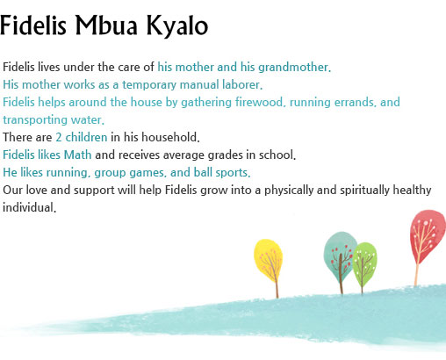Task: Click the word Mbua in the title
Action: click(x=106, y=25)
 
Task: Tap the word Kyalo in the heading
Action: click(x=177, y=26)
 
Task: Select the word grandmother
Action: click(x=294, y=68)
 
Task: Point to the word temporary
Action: click(x=149, y=85)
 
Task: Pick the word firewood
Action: click(x=260, y=102)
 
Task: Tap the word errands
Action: click(x=356, y=103)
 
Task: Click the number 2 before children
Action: click(x=59, y=138)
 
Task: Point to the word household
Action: click(x=170, y=137)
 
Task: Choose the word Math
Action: click(x=77, y=155)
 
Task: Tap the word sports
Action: click(x=233, y=173)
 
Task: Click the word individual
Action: click(x=29, y=207)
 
